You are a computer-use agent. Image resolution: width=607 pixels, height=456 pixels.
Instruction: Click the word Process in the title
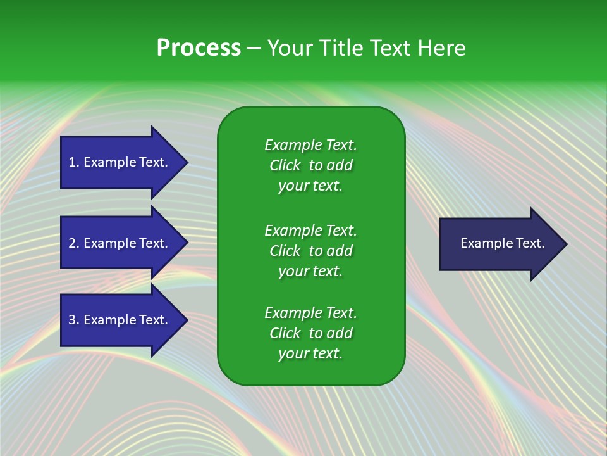tap(199, 47)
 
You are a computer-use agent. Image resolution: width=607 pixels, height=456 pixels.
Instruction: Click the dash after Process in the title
tap(254, 49)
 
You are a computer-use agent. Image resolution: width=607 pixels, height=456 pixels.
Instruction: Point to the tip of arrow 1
tap(188, 163)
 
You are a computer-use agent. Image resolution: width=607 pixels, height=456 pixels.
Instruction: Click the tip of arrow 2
tap(188, 243)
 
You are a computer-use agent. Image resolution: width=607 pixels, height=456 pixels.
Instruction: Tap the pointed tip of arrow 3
tap(188, 320)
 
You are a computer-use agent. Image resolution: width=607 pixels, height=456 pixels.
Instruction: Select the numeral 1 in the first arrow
tap(71, 162)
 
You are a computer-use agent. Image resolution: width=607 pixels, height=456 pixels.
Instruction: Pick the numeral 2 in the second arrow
tap(72, 243)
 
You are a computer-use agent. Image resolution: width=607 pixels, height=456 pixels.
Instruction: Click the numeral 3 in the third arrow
tap(72, 319)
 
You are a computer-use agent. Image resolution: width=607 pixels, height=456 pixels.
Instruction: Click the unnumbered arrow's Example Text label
tap(503, 243)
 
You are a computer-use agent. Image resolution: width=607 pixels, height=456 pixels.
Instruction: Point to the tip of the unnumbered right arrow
tap(568, 244)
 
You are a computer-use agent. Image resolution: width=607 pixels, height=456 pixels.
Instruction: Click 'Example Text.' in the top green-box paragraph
tap(311, 145)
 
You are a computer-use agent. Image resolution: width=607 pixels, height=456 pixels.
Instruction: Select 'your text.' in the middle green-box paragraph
tap(310, 272)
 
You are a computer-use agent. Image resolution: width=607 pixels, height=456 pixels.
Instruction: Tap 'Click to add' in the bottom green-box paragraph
tap(311, 333)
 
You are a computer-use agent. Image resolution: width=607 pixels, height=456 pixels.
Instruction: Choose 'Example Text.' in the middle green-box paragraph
tap(311, 231)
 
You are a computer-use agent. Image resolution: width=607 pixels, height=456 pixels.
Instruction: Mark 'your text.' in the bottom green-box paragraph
tap(310, 353)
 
